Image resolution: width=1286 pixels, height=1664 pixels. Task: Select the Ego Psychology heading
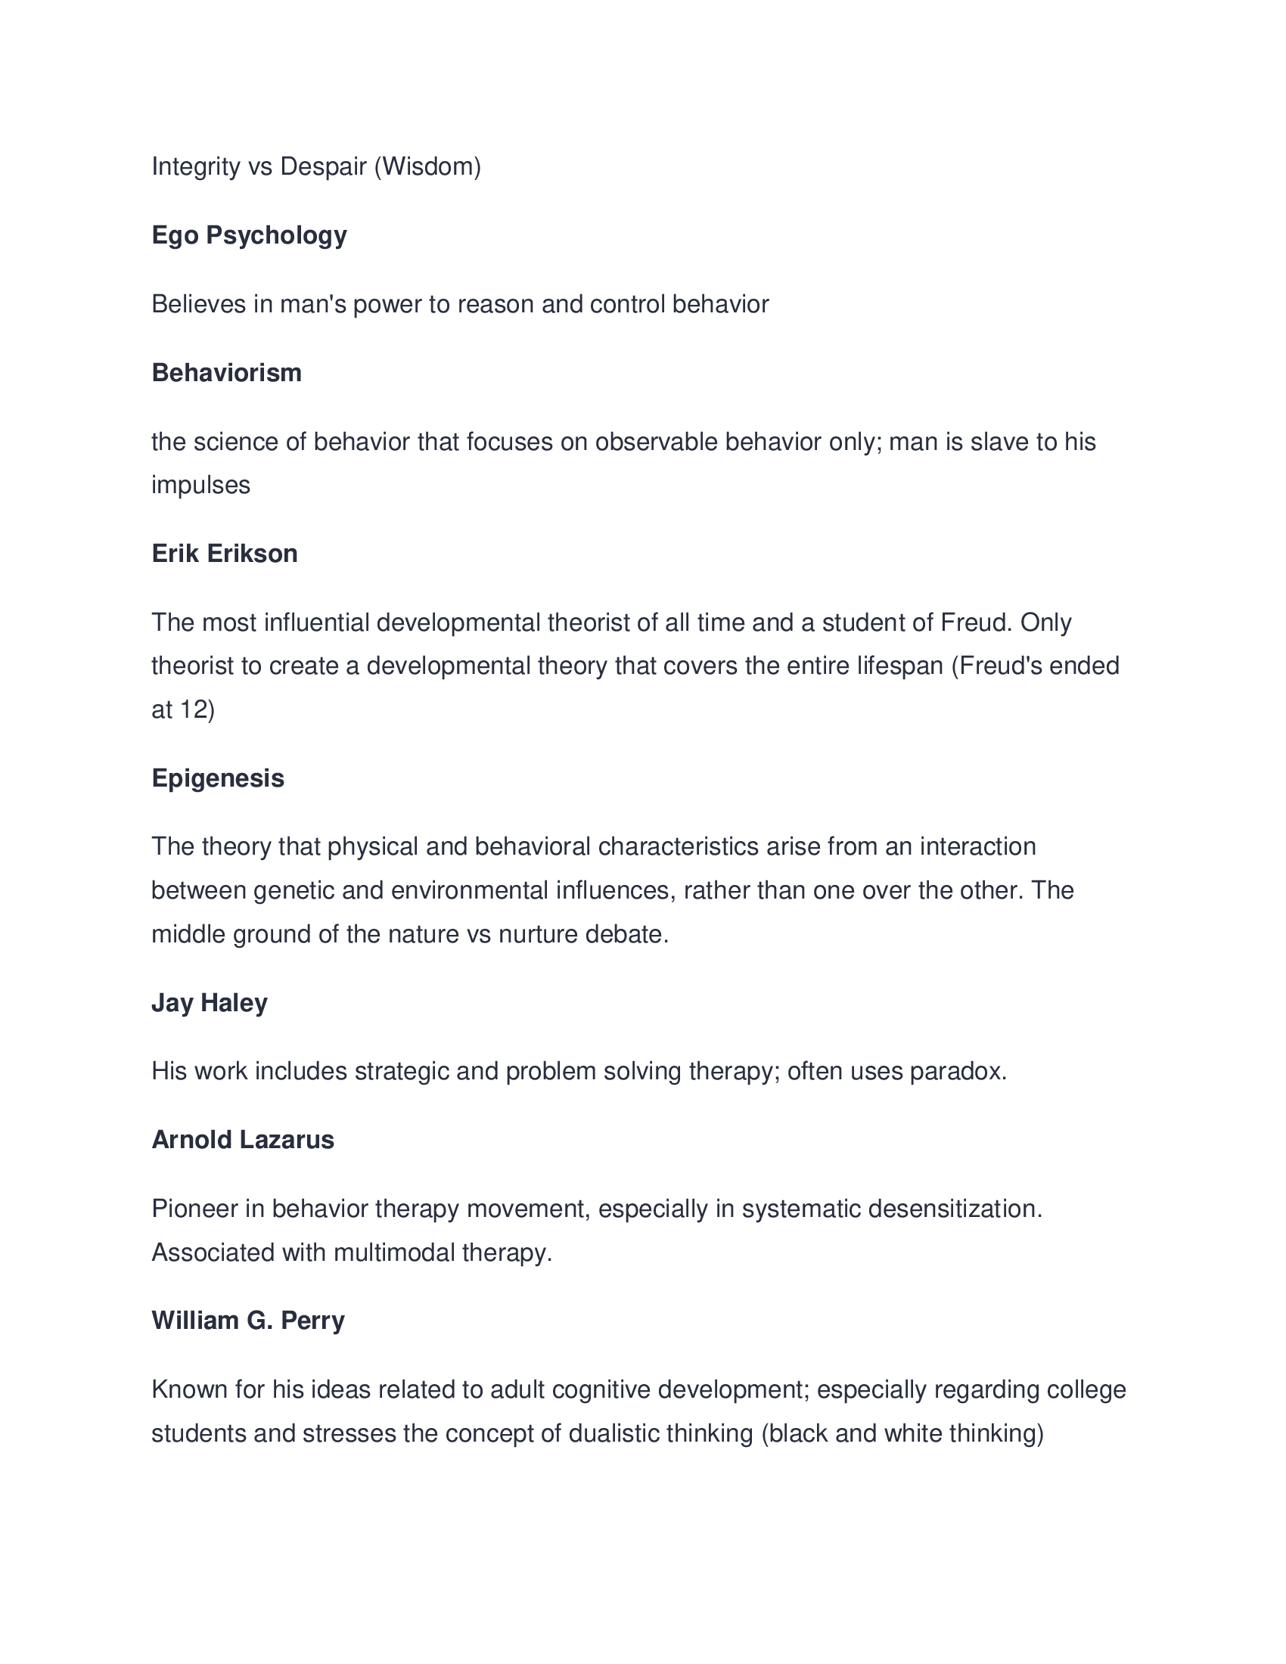[x=249, y=234]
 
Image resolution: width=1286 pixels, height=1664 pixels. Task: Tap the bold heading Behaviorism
[x=226, y=373]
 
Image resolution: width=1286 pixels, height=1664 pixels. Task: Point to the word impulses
[x=200, y=486]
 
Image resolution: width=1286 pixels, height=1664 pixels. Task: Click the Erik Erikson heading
[x=224, y=553]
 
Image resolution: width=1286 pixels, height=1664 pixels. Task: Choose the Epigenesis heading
[x=218, y=778]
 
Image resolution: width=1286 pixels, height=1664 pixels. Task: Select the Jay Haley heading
[x=210, y=1003]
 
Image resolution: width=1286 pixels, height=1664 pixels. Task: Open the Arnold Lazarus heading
[x=242, y=1140]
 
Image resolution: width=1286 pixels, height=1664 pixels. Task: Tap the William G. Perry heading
[x=247, y=1321]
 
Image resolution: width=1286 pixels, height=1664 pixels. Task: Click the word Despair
[x=323, y=166]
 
